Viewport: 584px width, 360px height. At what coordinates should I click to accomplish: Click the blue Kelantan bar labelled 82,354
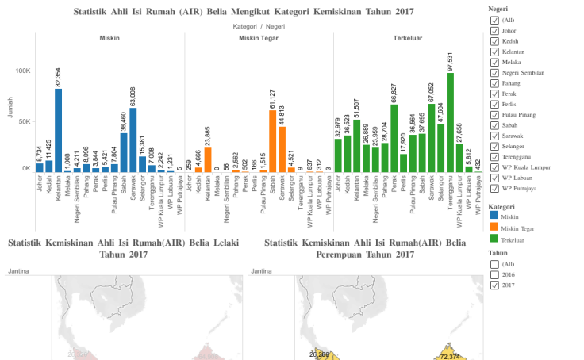[58, 130]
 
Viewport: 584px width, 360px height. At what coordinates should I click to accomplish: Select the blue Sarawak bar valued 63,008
[133, 140]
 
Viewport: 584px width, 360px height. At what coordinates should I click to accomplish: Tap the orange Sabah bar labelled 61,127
[273, 141]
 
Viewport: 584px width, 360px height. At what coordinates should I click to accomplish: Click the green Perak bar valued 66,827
[394, 138]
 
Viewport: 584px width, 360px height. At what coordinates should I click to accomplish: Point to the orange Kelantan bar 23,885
[208, 159]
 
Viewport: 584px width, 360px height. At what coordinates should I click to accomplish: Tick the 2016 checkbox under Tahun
[494, 274]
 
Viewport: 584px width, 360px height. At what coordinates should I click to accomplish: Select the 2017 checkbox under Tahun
[494, 285]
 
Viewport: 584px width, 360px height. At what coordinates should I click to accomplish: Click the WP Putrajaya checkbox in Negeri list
[494, 188]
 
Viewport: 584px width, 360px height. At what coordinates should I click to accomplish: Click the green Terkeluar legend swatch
[494, 239]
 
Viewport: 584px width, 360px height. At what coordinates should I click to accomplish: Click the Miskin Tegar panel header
[258, 38]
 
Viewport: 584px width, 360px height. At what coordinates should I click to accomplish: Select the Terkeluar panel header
[408, 38]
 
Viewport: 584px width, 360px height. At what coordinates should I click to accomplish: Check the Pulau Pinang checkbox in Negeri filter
[494, 114]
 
